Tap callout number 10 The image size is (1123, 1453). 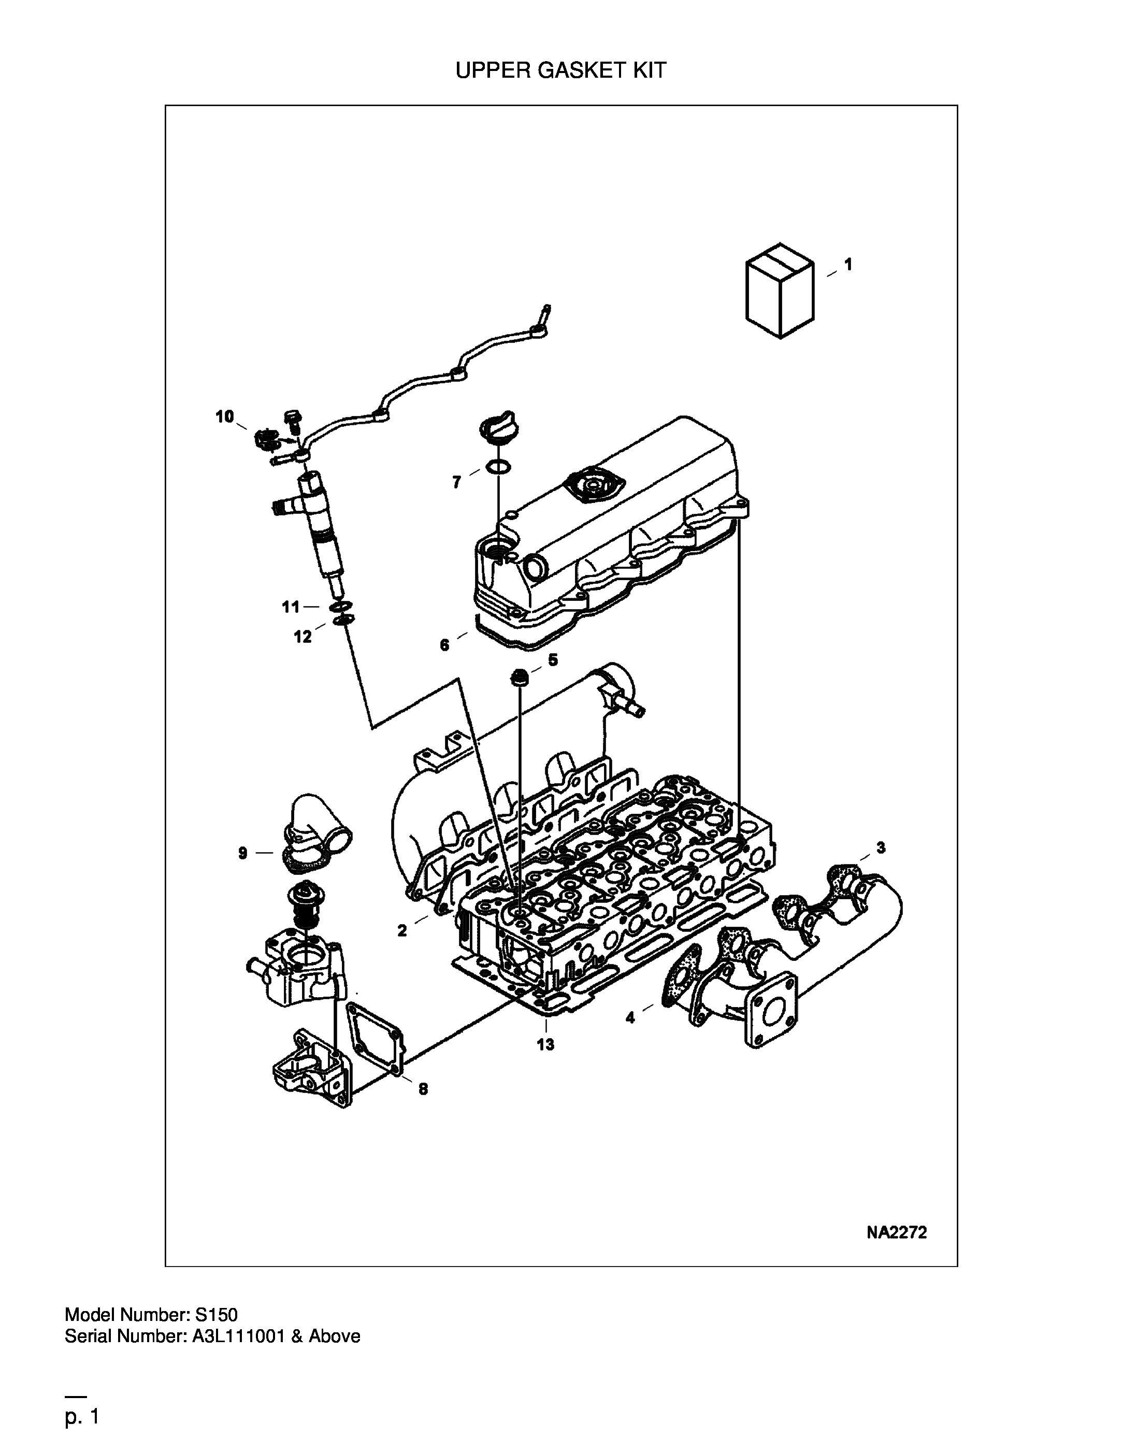[225, 416]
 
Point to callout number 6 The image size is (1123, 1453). [444, 645]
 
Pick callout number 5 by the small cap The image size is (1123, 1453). [553, 660]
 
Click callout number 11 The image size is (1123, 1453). [291, 607]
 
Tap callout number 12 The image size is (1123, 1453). [303, 637]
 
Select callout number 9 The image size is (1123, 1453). [243, 853]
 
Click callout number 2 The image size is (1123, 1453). [402, 931]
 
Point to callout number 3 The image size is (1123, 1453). [881, 847]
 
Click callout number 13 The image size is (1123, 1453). [545, 1044]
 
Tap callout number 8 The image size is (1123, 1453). [423, 1089]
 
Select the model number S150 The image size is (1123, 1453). [216, 1315]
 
